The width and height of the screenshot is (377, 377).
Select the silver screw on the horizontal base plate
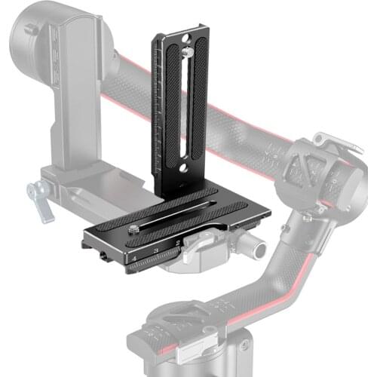coord(134,224)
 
